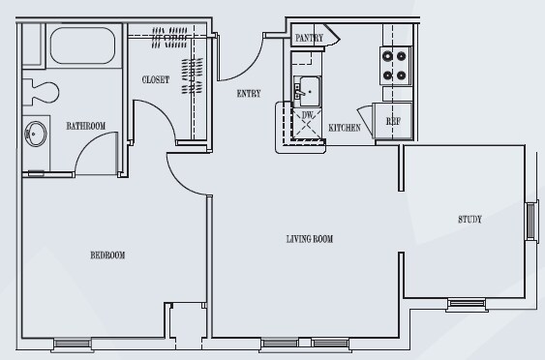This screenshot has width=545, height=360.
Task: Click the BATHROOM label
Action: (86, 126)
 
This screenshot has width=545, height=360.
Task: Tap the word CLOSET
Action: (156, 80)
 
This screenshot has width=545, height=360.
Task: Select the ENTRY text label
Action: (249, 94)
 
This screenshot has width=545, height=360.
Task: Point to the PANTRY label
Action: (309, 38)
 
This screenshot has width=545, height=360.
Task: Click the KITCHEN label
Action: (345, 128)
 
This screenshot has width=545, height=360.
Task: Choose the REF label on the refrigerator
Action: (393, 121)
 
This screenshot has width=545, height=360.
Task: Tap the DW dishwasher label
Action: (307, 115)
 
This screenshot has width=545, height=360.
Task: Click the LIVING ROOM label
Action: (310, 239)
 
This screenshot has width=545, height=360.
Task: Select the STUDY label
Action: (469, 220)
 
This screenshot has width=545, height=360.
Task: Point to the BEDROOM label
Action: (107, 255)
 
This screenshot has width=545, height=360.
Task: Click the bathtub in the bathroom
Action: (82, 45)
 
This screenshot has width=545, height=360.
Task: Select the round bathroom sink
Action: (36, 134)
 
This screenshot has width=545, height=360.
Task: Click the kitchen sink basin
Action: (309, 91)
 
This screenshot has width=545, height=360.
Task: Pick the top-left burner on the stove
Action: (387, 56)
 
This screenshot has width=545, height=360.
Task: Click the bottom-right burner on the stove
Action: (401, 75)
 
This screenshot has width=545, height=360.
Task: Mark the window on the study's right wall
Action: (531, 221)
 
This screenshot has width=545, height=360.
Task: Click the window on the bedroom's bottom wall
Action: (73, 344)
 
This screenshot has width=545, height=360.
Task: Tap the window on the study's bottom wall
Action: (467, 304)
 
